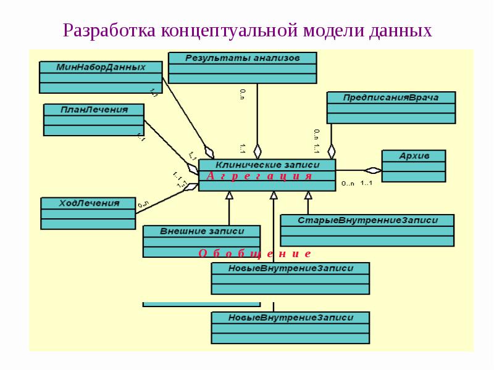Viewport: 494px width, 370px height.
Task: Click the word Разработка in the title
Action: [109, 30]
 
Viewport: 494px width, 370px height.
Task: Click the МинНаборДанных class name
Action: [101, 67]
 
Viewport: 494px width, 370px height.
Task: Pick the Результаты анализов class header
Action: [242, 57]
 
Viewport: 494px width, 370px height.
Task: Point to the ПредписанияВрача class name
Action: [391, 97]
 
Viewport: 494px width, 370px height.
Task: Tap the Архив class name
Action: [414, 155]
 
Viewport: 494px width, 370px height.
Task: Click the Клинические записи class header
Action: [267, 165]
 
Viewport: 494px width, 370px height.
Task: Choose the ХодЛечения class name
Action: [88, 203]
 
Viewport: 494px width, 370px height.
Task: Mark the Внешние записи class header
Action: [202, 231]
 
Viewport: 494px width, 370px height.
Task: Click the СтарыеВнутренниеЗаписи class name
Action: [367, 220]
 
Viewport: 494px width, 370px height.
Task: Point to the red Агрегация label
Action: [259, 176]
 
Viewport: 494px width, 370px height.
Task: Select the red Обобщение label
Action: [254, 253]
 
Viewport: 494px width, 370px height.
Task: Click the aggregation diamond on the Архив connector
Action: [373, 170]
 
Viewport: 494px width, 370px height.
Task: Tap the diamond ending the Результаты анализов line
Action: [257, 151]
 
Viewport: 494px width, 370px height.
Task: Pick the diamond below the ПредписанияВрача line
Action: [332, 150]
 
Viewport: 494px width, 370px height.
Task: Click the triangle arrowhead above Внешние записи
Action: [229, 195]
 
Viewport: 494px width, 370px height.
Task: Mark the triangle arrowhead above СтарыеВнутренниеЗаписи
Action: [308, 195]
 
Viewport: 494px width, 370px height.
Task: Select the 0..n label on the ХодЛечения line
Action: [143, 203]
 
